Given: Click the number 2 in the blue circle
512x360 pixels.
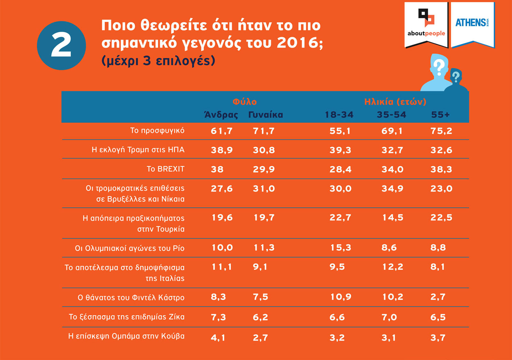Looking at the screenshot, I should [61, 45].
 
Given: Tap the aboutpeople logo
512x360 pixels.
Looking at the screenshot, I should [426, 24].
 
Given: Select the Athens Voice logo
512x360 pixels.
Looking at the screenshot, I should [472, 23].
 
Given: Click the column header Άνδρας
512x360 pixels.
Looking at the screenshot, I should [221, 115].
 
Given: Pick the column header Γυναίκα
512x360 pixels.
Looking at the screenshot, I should [266, 115].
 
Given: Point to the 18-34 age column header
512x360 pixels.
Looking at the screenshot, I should [339, 115].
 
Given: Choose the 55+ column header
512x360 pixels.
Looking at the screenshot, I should [440, 115].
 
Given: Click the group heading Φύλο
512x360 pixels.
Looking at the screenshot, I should [244, 102].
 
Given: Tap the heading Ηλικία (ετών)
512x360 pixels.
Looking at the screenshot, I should [395, 102].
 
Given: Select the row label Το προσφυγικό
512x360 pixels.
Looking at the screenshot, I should [157, 130].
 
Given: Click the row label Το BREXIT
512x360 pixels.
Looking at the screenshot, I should [165, 169].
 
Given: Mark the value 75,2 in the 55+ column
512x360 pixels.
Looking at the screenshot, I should [441, 131].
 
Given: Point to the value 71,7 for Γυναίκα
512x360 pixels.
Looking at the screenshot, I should [264, 131].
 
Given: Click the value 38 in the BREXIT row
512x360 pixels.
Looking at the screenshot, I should [217, 169].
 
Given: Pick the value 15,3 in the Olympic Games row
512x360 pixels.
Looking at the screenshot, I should [340, 247].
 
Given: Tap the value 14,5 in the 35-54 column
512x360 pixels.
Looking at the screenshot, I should [393, 218].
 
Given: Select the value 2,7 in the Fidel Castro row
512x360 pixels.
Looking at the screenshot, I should [438, 297].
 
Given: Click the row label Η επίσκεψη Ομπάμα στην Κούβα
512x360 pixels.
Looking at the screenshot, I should [126, 336].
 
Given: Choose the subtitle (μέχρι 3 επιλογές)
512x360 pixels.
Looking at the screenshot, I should [158, 61].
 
